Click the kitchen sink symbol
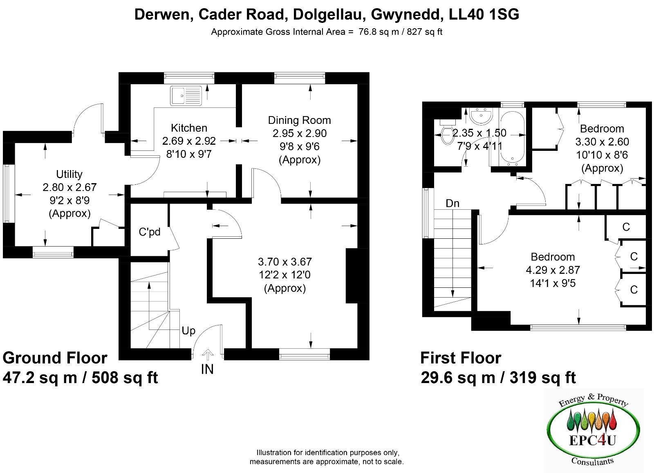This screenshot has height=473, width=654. pyautogui.click(x=186, y=96)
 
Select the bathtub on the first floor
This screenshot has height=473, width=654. pyautogui.click(x=513, y=138)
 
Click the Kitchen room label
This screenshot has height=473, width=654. pyautogui.click(x=189, y=128)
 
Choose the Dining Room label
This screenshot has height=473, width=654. pyautogui.click(x=299, y=120)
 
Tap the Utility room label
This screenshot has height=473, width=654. pyautogui.click(x=69, y=174)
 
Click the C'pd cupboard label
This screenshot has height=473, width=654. pyautogui.click(x=150, y=232)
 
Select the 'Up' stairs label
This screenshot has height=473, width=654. pyautogui.click(x=188, y=331)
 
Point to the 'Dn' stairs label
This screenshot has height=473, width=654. pyautogui.click(x=452, y=204)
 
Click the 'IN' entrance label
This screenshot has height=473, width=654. pyautogui.click(x=207, y=369)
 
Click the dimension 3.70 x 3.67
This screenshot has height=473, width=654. pyautogui.click(x=284, y=262)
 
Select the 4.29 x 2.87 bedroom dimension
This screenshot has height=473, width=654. pyautogui.click(x=553, y=270)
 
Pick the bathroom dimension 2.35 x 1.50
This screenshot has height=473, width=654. pyautogui.click(x=479, y=133)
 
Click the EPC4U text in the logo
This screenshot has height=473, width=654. pyautogui.click(x=592, y=441)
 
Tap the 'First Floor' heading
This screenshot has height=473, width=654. pyautogui.click(x=461, y=358)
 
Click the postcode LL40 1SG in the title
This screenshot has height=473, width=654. pyautogui.click(x=484, y=14)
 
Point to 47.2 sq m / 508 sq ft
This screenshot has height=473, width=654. pyautogui.click(x=80, y=377)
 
